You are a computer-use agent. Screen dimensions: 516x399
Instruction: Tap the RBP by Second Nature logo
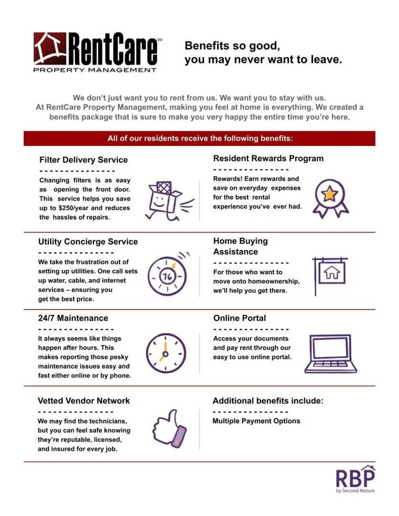355,479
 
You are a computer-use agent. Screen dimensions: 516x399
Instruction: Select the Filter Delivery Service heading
84,160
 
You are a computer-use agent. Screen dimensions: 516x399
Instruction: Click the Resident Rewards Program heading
268,158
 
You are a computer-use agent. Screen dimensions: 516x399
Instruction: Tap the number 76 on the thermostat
167,277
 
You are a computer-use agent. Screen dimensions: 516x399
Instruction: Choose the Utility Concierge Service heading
88,241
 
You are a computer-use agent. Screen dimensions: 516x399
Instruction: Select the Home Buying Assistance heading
240,246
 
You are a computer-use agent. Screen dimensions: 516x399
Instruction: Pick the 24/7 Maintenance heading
73,318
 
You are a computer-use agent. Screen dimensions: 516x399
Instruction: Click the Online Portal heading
239,318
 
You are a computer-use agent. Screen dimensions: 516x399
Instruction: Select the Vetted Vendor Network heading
84,401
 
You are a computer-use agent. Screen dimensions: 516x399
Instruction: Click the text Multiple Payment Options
256,421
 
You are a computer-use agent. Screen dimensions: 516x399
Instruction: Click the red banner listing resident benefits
199,139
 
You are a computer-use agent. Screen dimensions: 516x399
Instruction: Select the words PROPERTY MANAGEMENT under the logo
95,70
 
